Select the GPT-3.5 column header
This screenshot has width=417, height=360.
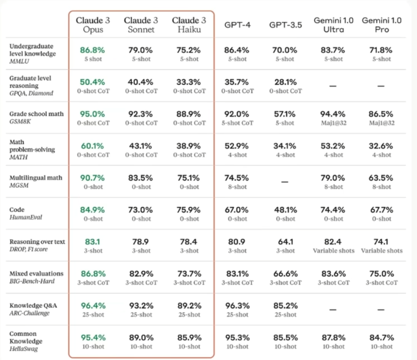tap(285, 25)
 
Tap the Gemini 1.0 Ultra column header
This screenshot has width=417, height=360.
tap(333, 25)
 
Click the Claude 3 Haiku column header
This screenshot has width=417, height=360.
tap(189, 25)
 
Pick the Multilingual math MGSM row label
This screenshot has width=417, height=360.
tap(35, 182)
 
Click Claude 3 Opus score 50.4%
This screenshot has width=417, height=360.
tap(92, 82)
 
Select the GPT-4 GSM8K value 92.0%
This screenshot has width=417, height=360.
tap(237, 114)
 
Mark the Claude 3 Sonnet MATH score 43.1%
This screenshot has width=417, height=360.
tap(141, 146)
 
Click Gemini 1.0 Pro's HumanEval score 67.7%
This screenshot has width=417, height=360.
tap(381, 210)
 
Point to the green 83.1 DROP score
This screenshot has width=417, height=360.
tap(92, 242)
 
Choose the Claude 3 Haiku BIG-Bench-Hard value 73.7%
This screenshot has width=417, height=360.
tap(189, 274)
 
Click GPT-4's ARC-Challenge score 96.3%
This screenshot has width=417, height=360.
tap(237, 306)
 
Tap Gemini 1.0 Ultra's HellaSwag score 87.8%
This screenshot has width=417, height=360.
tap(333, 338)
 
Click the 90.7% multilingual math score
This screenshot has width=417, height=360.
tap(92, 178)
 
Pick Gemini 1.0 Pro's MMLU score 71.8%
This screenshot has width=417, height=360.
tap(381, 50)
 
